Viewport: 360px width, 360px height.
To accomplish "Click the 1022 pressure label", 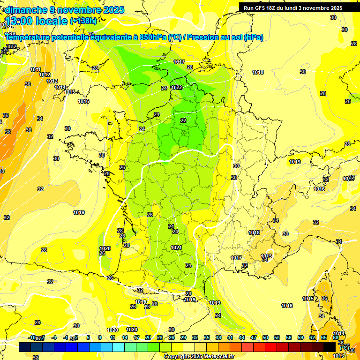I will pos(177,88).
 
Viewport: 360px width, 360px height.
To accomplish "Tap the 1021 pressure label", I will pos(176,247).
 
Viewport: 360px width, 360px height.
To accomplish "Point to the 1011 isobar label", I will pos(35,69).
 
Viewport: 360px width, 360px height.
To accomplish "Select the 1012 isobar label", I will pos(45,75).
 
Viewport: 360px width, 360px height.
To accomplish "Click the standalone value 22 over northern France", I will pos(183,120).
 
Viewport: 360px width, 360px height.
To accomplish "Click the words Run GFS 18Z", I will pos(260,8).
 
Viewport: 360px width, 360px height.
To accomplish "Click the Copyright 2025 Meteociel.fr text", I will pos(199,357).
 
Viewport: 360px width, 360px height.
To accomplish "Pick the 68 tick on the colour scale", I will pos(336,337).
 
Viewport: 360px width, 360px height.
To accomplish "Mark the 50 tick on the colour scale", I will pos(265,337).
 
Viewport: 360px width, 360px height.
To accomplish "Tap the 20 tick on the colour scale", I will pos(148,337).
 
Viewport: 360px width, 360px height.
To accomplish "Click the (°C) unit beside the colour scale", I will pos(345,347).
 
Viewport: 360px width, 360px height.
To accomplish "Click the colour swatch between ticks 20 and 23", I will pos(154,347).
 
